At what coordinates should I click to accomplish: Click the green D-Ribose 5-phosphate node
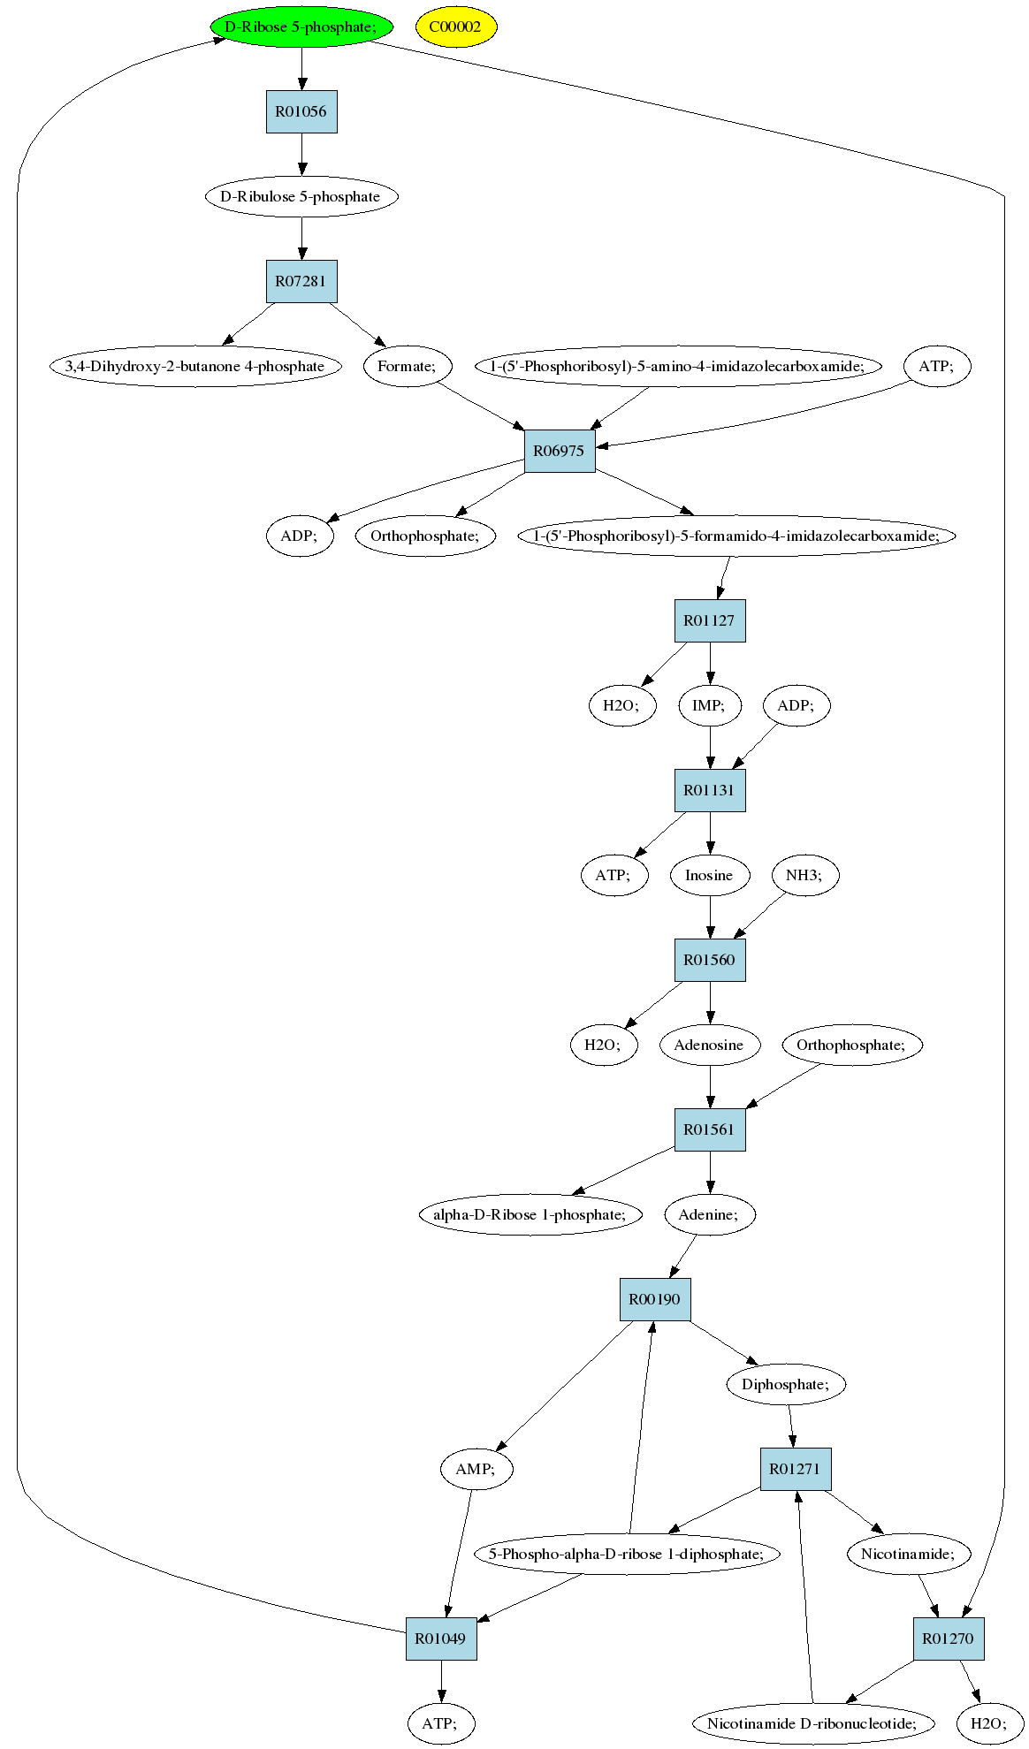tap(301, 27)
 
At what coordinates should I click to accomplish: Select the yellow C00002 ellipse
tap(456, 27)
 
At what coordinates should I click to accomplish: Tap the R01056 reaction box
tap(301, 111)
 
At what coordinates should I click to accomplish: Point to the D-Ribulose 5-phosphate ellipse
tap(301, 196)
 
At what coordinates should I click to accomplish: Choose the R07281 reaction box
tap(301, 281)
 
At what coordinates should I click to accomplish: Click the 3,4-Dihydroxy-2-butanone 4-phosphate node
tap(195, 366)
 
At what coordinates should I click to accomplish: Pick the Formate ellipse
tap(408, 366)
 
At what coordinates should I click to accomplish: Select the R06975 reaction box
tap(560, 451)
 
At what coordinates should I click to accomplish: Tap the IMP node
tap(710, 705)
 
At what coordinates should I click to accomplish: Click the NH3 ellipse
tap(804, 875)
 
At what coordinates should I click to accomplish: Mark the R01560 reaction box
tap(710, 960)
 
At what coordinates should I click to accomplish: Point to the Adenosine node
tap(709, 1045)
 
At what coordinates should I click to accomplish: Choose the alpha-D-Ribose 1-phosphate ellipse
tap(530, 1214)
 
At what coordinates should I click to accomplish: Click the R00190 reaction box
tap(655, 1299)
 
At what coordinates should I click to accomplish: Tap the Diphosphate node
tap(786, 1384)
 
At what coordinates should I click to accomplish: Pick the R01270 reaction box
tap(949, 1639)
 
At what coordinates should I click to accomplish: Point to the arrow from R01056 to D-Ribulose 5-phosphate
tap(301, 155)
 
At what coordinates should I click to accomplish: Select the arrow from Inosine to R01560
tap(710, 917)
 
